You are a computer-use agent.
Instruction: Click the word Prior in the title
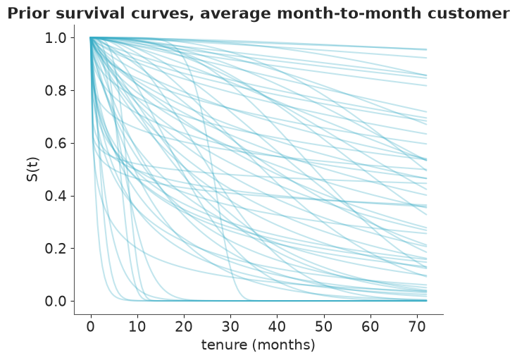pos(29,13)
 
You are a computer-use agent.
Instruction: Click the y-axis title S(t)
pos(33,170)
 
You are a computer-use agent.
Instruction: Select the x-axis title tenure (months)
pos(258,345)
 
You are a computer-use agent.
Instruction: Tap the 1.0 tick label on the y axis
pos(55,38)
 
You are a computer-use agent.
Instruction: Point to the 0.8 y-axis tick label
pos(55,91)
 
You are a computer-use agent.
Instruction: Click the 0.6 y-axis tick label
pos(55,144)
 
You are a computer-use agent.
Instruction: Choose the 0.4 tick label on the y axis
pos(55,196)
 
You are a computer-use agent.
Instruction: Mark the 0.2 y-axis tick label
pos(55,249)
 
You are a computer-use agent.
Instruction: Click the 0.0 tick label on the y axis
pos(55,302)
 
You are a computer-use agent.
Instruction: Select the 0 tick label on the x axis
pos(91,327)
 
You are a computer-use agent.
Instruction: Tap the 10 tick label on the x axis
pos(137,327)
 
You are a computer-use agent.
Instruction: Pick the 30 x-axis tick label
pos(230,327)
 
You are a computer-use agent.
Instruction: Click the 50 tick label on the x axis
pos(324,327)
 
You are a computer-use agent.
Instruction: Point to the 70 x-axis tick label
pos(417,327)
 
